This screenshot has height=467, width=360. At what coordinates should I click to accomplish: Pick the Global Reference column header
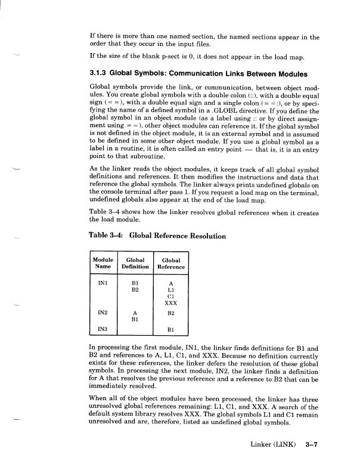click(170, 264)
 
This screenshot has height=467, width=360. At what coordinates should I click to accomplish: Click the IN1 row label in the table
click(103, 284)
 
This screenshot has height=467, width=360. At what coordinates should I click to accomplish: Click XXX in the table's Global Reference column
click(170, 302)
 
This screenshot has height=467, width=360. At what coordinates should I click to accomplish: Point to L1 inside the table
click(170, 290)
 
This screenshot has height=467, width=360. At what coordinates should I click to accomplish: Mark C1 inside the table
click(170, 296)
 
